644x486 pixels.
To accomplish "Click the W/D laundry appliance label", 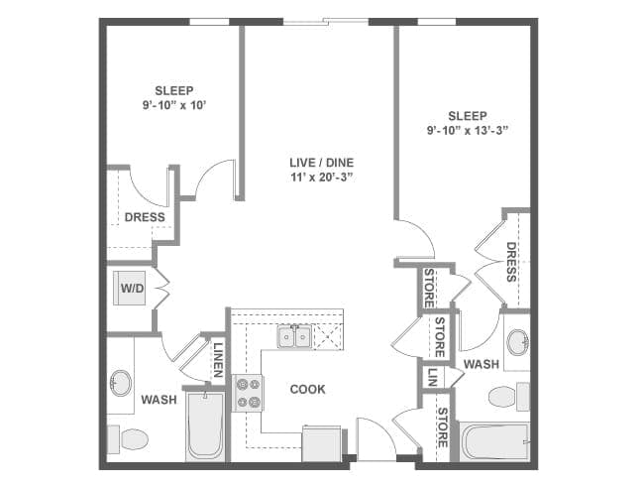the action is click(132, 289).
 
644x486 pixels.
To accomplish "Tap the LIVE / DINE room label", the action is click(322, 163).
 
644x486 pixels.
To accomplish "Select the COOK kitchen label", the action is click(307, 389).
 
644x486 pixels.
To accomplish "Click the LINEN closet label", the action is click(218, 360).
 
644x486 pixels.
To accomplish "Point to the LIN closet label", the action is click(432, 377).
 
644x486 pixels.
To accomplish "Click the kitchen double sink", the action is click(294, 336).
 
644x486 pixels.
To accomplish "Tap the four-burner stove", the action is click(248, 393).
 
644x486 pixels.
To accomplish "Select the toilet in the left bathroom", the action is click(128, 439).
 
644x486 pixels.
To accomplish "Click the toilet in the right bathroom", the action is click(509, 397).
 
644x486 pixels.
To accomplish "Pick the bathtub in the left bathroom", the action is click(205, 425).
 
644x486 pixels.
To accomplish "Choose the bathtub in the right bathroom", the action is click(494, 441).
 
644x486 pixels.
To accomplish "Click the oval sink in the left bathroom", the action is click(121, 383).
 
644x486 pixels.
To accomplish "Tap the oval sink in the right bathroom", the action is click(517, 341).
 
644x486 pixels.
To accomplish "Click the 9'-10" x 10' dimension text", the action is click(174, 106).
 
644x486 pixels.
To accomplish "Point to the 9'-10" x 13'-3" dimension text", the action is click(468, 131).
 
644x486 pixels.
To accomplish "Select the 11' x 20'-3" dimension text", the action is click(322, 178).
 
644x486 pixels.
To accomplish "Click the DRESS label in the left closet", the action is click(145, 217).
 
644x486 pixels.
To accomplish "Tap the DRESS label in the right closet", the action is click(511, 262).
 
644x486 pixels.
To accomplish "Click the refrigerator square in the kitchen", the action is click(322, 443).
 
